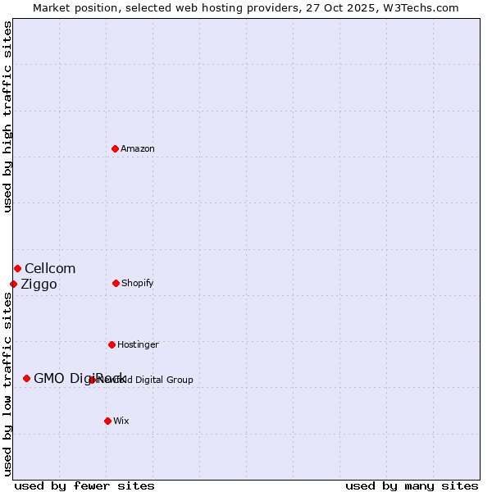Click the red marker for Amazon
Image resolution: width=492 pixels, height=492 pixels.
[x=115, y=148]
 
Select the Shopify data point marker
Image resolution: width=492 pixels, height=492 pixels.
[x=116, y=283]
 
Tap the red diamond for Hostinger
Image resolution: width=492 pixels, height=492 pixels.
[x=112, y=344]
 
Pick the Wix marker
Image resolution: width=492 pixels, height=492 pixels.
[x=107, y=421]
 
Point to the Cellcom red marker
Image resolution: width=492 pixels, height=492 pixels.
[x=17, y=268]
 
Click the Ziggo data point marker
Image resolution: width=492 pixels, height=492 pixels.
[x=13, y=284]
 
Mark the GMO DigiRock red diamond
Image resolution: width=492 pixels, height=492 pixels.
[x=26, y=378]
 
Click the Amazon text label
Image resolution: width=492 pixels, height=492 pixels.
[x=138, y=148]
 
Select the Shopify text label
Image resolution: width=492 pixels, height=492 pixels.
[x=138, y=283]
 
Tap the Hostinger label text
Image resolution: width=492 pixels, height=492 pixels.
[x=138, y=344]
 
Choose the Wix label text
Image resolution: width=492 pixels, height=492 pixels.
[x=121, y=421]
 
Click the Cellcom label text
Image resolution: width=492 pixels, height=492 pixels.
[x=50, y=268]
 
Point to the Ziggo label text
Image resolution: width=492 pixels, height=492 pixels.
[x=39, y=284]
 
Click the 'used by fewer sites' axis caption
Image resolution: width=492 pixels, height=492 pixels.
[x=84, y=485]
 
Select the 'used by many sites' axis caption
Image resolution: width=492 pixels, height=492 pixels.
[x=412, y=485]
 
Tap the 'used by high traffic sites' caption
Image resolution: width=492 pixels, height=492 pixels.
[x=7, y=116]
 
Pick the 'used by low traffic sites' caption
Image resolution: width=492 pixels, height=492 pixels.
[x=7, y=383]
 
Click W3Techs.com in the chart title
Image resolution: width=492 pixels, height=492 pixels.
[x=421, y=7]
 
